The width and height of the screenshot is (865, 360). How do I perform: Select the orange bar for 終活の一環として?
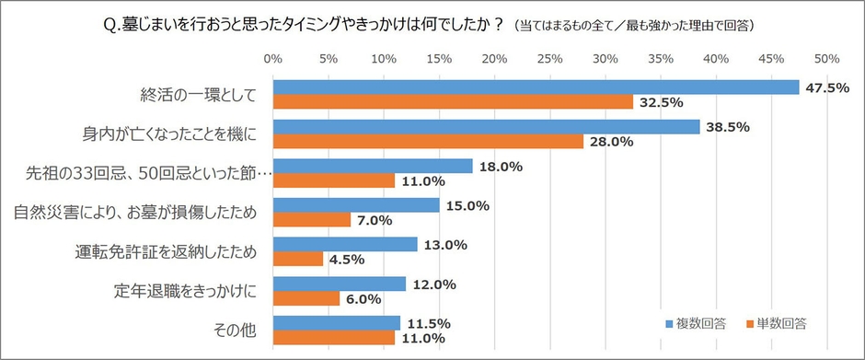[453, 102]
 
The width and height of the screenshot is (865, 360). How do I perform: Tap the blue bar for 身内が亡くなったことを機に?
[486, 127]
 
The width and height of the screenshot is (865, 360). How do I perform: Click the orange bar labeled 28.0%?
[428, 142]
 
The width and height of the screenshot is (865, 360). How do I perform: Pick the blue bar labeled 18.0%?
[373, 167]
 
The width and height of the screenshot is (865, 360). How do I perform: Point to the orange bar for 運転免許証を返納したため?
[298, 260]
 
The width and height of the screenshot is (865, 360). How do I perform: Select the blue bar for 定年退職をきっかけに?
[339, 285]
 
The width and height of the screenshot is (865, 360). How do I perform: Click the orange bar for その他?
[333, 338]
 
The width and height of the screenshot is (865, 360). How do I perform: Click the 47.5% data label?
[827, 87]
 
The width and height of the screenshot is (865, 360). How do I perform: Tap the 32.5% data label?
[662, 102]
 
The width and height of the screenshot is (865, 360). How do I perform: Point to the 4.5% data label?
[348, 260]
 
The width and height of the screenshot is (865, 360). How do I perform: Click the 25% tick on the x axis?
[549, 59]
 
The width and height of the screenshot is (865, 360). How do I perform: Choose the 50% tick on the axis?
[826, 59]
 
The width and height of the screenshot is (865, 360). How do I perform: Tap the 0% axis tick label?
[273, 59]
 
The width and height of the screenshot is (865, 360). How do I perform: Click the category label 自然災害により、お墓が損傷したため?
[134, 213]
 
